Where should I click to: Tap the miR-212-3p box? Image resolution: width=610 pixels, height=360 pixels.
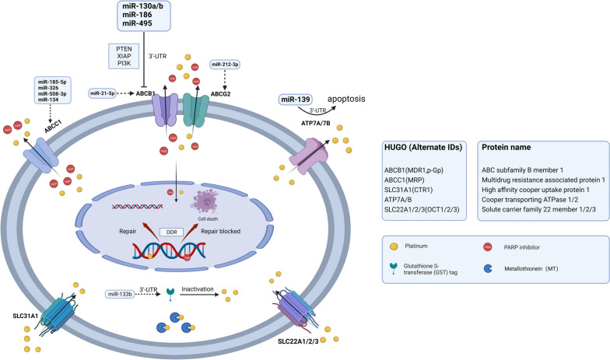click(x=230, y=65)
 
